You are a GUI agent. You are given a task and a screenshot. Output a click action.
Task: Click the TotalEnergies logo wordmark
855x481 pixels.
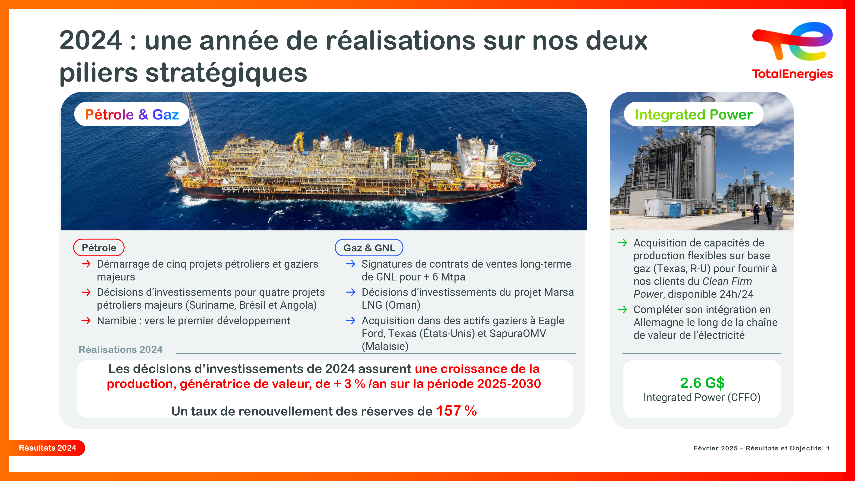(x=792, y=74)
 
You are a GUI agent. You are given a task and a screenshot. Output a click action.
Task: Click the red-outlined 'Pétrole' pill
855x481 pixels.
(x=99, y=248)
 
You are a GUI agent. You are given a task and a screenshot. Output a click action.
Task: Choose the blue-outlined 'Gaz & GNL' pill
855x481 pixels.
(x=369, y=248)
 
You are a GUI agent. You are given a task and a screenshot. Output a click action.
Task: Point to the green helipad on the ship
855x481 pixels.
(x=517, y=160)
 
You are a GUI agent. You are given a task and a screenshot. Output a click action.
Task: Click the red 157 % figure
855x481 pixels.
(x=456, y=411)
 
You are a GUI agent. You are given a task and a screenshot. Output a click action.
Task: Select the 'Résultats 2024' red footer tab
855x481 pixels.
(x=47, y=448)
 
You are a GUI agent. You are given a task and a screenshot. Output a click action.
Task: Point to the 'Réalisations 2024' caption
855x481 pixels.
(x=121, y=349)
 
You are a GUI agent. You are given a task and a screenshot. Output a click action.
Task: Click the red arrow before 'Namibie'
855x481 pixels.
(x=86, y=321)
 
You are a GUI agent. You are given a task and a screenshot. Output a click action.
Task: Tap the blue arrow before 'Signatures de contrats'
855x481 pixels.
(x=351, y=264)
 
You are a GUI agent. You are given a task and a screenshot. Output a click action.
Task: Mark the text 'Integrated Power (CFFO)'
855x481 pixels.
(x=702, y=397)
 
